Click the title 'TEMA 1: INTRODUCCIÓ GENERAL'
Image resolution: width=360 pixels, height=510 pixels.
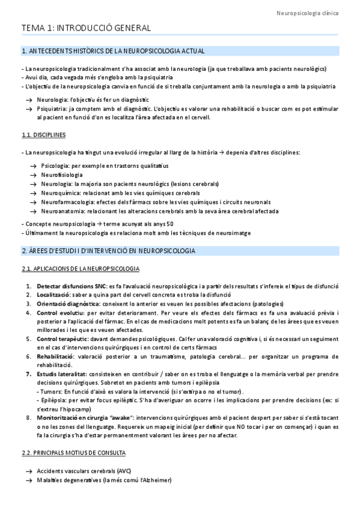point(86,28)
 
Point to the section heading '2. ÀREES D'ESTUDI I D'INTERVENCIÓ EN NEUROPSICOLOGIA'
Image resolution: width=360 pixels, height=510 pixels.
point(108,250)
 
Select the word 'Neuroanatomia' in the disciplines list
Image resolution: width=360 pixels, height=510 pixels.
point(58,211)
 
